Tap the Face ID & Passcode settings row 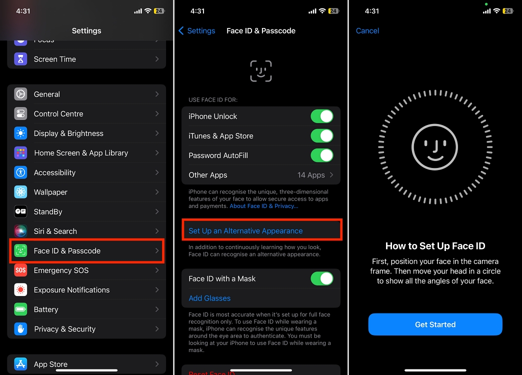86,251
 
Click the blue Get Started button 435,324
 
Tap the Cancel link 367,30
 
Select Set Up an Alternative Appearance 245,231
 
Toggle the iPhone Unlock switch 322,116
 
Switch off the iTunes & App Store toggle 322,136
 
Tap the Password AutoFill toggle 322,155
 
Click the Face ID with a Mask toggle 322,278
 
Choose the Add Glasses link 209,298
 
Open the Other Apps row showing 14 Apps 260,175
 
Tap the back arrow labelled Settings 196,30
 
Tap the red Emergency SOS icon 20,270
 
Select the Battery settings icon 20,309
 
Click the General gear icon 20,94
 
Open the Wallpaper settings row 86,192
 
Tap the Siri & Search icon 20,231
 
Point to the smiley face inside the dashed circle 434,146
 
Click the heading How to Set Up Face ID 435,246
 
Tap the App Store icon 20,364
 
